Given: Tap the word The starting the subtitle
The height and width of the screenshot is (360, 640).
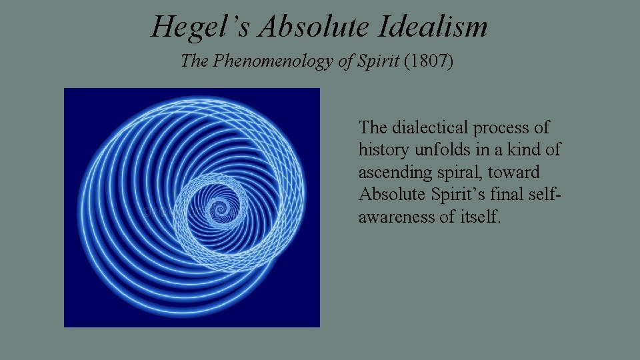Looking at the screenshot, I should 195,61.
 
